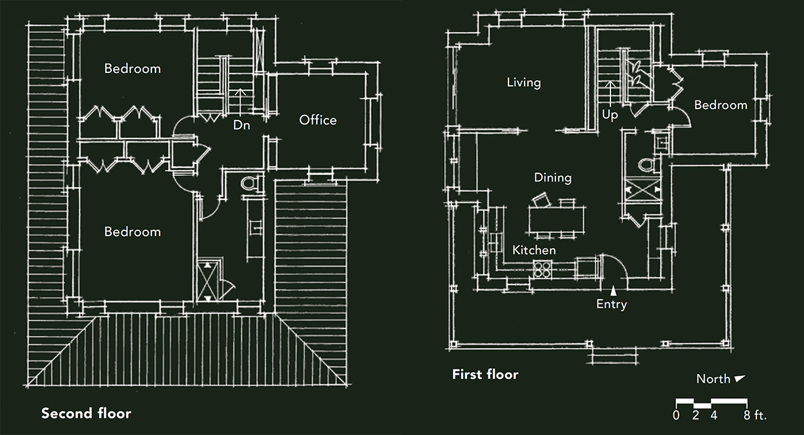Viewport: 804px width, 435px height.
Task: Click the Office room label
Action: click(318, 120)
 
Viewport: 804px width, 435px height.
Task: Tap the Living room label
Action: click(523, 83)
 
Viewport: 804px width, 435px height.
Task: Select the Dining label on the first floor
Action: click(553, 178)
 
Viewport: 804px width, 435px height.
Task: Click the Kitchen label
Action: click(534, 250)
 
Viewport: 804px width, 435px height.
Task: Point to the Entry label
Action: click(611, 305)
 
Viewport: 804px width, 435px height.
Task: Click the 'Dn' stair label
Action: click(241, 125)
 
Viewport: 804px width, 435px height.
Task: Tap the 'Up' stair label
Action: click(609, 115)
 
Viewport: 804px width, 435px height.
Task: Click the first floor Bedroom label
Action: click(720, 105)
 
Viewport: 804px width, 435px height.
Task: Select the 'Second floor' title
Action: click(86, 414)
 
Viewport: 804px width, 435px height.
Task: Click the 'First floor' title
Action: click(485, 374)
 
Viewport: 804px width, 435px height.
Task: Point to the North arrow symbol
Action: click(740, 379)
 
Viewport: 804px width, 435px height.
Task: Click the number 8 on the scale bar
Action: click(747, 416)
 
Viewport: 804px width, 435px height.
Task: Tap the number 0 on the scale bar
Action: click(676, 416)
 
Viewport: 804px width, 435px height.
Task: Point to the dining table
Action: click(557, 218)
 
